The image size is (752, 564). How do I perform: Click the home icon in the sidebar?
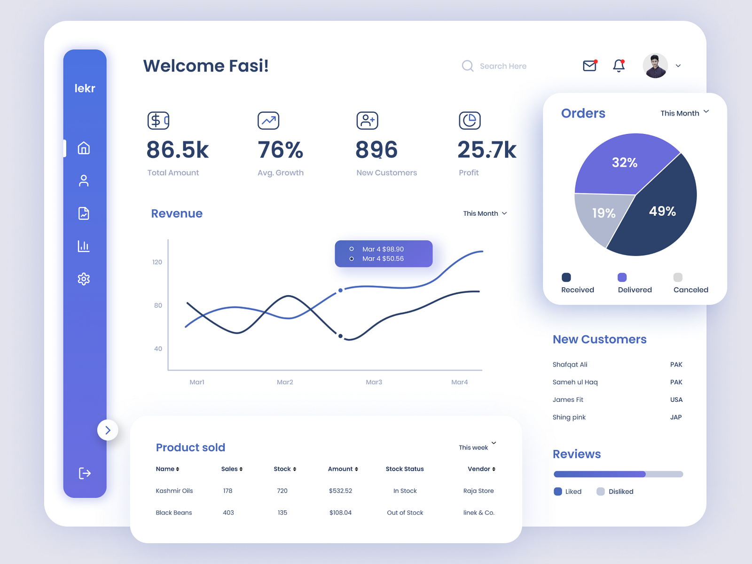[84, 148]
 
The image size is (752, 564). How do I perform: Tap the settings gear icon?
[84, 279]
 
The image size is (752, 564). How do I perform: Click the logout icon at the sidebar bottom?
[85, 473]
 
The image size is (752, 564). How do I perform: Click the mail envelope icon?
[589, 66]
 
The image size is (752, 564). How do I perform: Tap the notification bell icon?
[619, 66]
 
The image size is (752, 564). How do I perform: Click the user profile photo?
[655, 66]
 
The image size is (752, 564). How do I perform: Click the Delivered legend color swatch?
[622, 277]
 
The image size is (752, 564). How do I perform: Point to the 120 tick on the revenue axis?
[157, 262]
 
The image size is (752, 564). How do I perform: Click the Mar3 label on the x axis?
[374, 382]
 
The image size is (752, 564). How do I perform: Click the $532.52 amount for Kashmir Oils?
[340, 491]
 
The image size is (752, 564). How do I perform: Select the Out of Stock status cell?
[405, 513]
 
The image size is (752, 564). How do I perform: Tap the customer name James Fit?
[568, 399]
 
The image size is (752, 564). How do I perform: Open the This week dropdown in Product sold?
[477, 447]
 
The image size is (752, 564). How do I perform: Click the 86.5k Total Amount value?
[177, 150]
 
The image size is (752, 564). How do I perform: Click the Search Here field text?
[503, 66]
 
